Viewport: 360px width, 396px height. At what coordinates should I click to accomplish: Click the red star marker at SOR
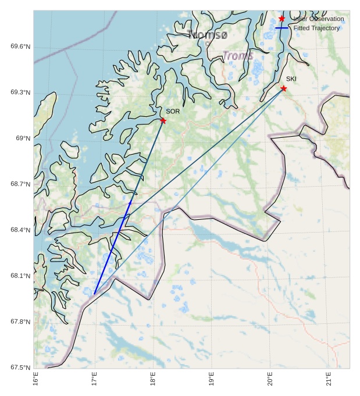point(163,120)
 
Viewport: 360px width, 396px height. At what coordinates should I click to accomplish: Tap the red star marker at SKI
point(284,88)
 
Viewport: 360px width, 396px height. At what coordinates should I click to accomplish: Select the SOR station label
point(173,111)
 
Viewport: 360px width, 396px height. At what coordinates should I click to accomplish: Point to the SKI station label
point(291,79)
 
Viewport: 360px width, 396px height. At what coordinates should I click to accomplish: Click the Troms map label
point(238,56)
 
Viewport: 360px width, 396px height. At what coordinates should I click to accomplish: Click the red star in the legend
point(282,19)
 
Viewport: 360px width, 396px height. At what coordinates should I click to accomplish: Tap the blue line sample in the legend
point(282,28)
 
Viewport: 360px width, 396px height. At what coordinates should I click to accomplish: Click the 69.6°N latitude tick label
point(20,47)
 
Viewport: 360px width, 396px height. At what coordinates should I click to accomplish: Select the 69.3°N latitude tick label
point(20,93)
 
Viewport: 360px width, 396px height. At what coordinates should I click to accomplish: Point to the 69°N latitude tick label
point(23,138)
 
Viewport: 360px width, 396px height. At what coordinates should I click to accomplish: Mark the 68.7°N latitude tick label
point(20,184)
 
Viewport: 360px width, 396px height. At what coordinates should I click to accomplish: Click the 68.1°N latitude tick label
point(20,276)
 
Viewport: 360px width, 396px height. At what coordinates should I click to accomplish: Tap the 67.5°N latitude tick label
point(20,368)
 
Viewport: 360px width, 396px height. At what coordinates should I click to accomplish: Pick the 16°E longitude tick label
point(35,379)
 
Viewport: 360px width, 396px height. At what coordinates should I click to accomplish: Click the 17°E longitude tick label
point(94,379)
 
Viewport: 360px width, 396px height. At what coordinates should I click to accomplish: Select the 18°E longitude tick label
point(153,379)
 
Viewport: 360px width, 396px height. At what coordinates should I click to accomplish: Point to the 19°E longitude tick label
point(211,379)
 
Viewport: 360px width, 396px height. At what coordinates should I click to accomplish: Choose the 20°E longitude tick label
point(270,379)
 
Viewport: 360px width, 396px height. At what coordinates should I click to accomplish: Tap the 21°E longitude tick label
point(329,379)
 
